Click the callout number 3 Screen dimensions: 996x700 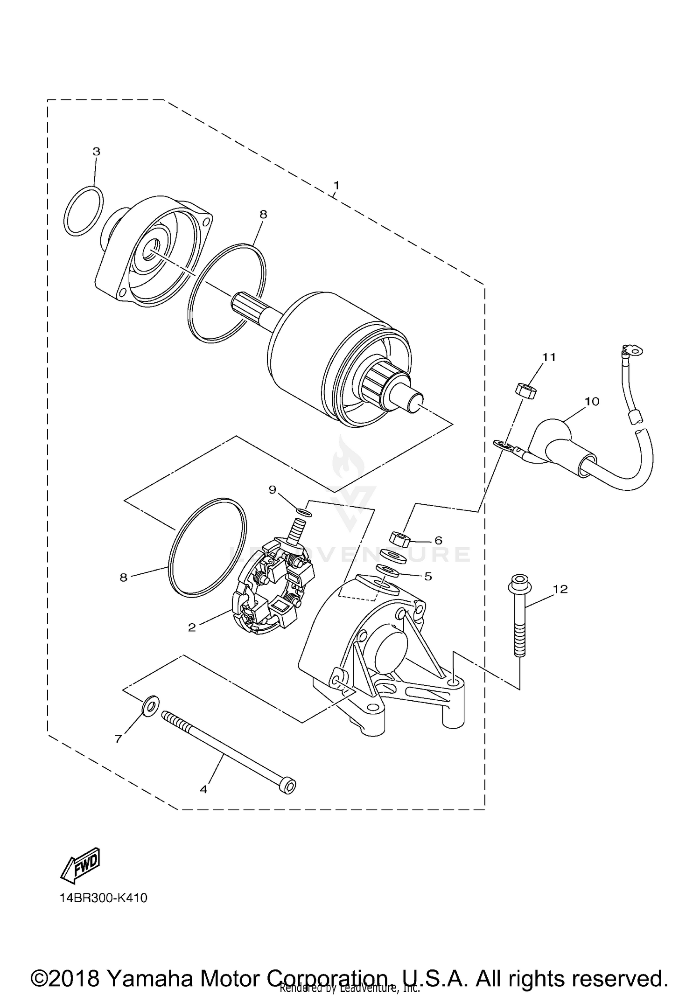[96, 152]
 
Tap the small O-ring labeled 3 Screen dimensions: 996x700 [84, 211]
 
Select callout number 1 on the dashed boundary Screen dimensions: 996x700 [336, 185]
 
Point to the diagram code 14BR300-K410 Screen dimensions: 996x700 [103, 898]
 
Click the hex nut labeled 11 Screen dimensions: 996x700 [525, 389]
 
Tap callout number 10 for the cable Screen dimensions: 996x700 [592, 401]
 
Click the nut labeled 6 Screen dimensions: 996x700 [399, 540]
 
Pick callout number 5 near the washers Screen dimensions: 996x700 [428, 576]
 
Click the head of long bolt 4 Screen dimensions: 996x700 [287, 786]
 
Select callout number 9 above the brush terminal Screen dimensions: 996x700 [273, 489]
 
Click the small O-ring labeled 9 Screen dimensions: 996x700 [304, 513]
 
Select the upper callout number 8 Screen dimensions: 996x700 [263, 214]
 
